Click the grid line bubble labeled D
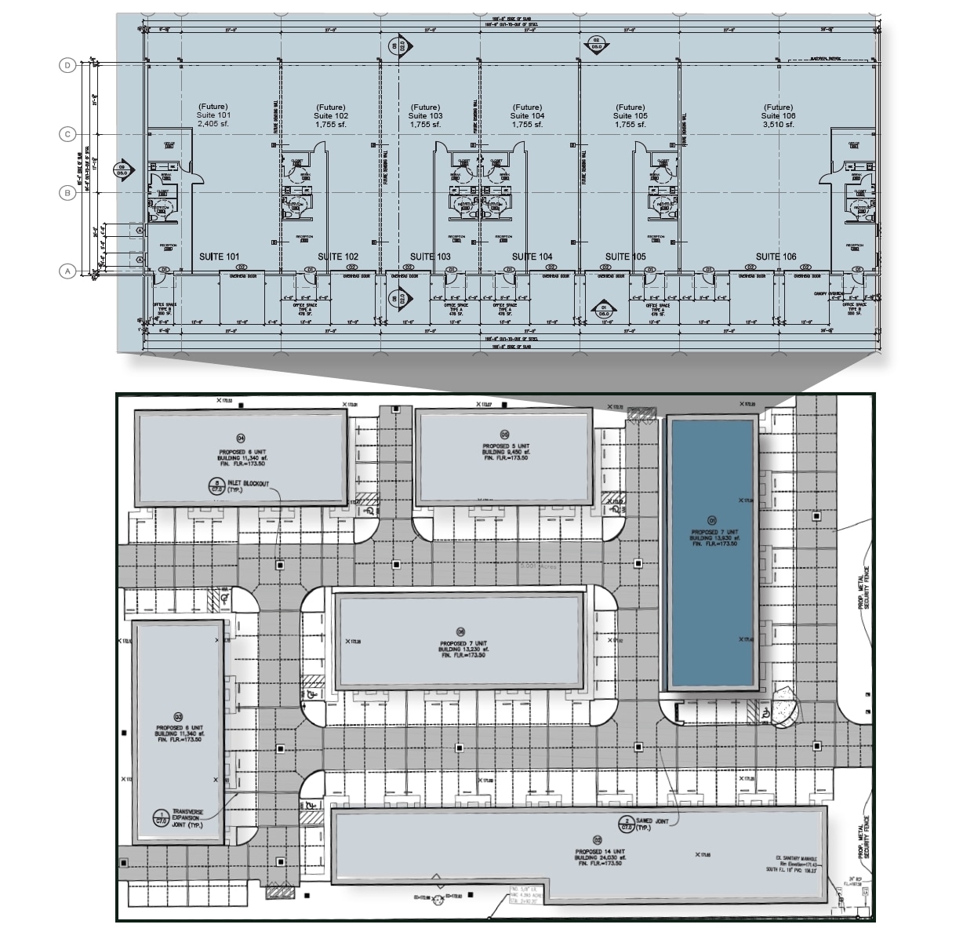click(67, 66)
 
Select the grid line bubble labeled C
click(67, 134)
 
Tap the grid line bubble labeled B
click(67, 192)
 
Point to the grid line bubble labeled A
click(67, 271)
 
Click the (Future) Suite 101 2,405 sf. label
click(213, 115)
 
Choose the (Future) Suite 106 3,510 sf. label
click(778, 115)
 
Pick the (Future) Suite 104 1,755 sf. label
click(528, 115)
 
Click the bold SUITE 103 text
click(431, 257)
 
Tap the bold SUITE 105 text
click(626, 257)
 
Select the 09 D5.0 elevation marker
click(122, 168)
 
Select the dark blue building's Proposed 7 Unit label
click(713, 536)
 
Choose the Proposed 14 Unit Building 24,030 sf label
click(599, 855)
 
